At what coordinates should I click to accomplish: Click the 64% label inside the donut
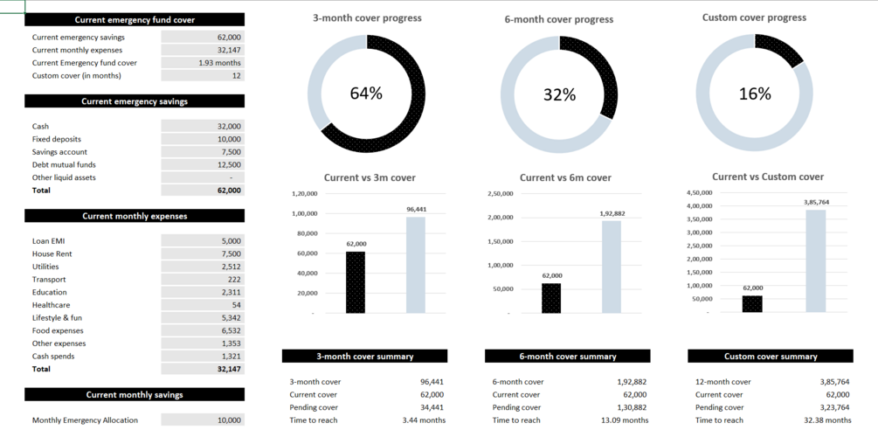[366, 94]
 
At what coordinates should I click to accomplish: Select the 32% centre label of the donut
[559, 94]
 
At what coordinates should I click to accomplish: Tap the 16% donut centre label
[754, 94]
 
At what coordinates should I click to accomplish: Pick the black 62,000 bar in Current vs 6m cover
[551, 297]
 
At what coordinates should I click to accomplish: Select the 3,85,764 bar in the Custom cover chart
[816, 260]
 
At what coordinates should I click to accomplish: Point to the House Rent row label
[52, 253]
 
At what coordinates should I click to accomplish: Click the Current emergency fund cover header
[135, 19]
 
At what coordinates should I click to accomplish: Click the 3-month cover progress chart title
[367, 18]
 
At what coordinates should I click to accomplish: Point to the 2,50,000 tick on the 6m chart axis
[500, 193]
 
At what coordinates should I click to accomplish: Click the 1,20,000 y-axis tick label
[305, 193]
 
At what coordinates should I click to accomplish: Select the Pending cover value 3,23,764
[835, 407]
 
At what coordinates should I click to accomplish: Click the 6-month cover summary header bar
[567, 357]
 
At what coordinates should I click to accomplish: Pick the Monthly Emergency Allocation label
[85, 420]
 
